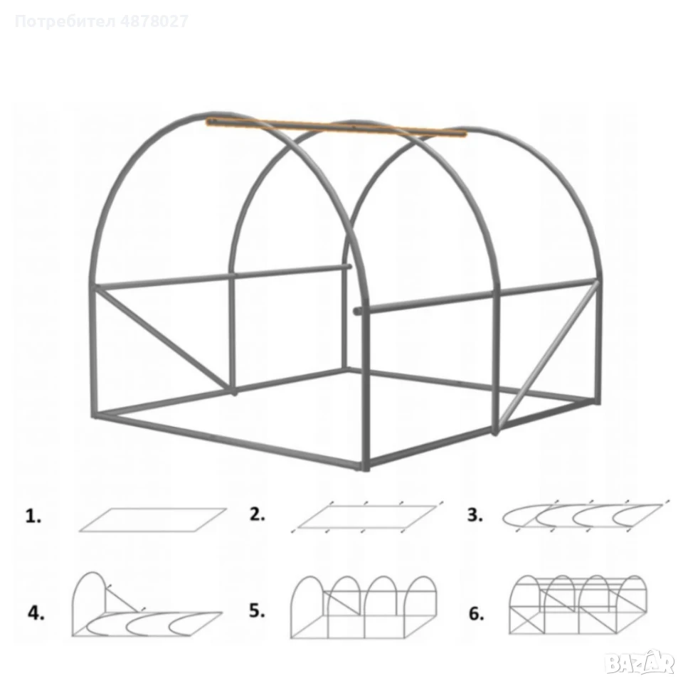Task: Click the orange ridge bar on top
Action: [x=337, y=127]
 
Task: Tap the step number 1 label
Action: [x=33, y=517]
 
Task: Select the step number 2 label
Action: [x=258, y=514]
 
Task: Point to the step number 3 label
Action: [x=475, y=515]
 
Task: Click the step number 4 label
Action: [x=36, y=613]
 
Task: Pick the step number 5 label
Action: [x=257, y=610]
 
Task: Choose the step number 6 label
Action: [x=476, y=613]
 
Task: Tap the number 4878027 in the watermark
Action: [x=154, y=21]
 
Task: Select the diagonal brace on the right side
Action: [x=548, y=354]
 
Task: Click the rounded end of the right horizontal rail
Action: [x=356, y=312]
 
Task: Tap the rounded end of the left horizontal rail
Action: [x=349, y=267]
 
